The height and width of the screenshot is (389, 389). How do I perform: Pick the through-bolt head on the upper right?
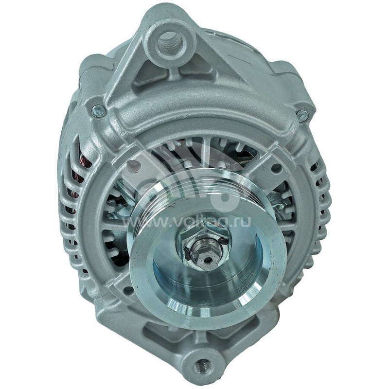302,116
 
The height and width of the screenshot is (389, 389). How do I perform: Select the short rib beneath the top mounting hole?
171,73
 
